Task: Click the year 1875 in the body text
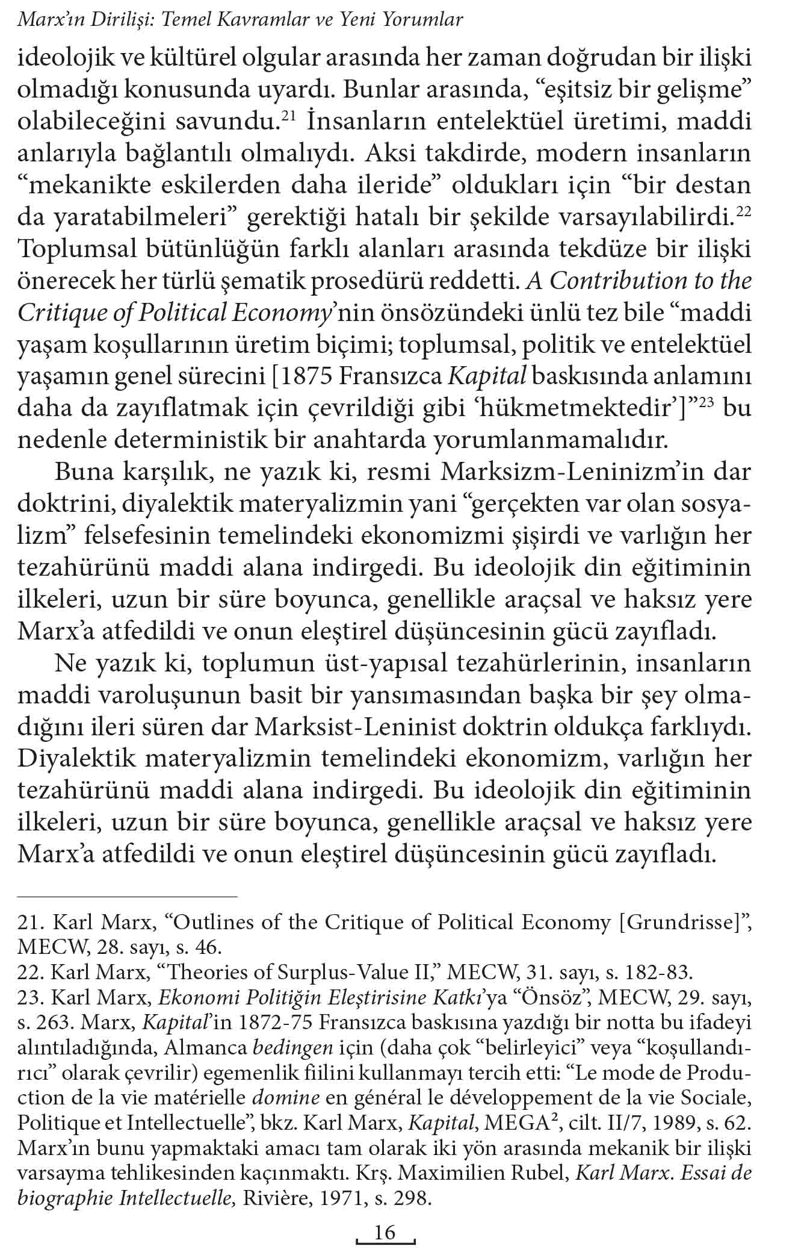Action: tap(305, 377)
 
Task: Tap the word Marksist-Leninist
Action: tap(356, 727)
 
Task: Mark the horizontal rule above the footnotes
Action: tap(128, 897)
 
